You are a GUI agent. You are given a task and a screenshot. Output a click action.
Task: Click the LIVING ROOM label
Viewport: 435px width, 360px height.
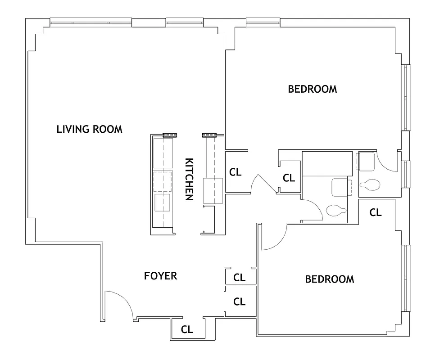(x=89, y=129)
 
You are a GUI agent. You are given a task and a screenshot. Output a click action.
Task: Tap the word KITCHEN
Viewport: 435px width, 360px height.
(x=190, y=179)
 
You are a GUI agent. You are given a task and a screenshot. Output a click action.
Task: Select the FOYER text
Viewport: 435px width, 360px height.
(x=160, y=276)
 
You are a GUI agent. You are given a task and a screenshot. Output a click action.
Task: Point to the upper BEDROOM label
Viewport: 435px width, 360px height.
(x=312, y=89)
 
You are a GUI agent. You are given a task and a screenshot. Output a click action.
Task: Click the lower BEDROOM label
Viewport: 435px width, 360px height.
(x=329, y=279)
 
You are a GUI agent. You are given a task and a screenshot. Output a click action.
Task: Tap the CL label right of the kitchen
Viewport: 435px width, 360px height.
(x=235, y=172)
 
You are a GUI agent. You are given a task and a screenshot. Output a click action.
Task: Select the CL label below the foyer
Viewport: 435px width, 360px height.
(x=187, y=329)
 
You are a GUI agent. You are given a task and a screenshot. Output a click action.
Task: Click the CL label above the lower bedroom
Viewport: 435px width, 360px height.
(x=375, y=212)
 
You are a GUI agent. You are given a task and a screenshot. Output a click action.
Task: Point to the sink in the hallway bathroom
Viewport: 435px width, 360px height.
(x=340, y=188)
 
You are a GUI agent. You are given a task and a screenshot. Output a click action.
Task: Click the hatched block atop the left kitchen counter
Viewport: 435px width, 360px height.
(x=169, y=135)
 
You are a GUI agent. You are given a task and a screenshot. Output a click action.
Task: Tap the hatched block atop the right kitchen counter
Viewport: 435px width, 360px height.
(x=209, y=135)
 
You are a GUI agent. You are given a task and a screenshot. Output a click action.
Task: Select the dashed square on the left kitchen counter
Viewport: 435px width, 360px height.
(x=163, y=182)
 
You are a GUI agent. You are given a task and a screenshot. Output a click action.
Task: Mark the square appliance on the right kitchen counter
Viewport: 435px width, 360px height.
(x=213, y=191)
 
